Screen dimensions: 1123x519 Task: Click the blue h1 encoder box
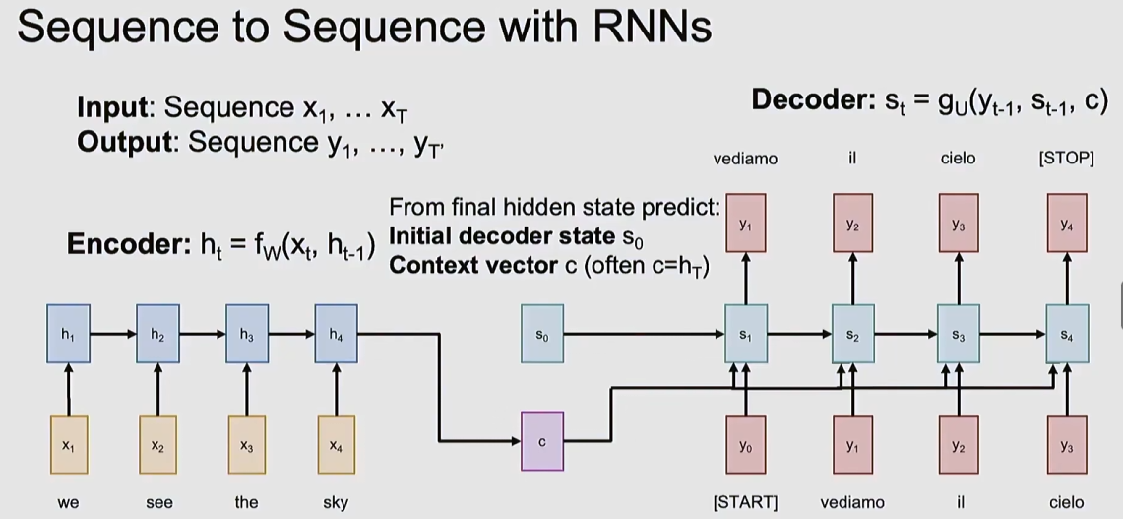(68, 334)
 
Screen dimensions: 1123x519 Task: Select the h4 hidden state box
(336, 334)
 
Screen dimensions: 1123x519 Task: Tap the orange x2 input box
(157, 444)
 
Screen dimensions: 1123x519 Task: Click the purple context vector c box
(542, 441)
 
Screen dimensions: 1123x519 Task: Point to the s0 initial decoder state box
(542, 334)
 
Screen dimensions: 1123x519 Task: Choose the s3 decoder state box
(959, 334)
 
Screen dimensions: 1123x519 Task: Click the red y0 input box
(746, 444)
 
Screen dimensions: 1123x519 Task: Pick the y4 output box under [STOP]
(1067, 223)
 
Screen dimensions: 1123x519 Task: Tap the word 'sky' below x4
(336, 502)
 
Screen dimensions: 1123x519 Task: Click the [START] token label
(746, 502)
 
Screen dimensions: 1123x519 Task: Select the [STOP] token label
(1067, 159)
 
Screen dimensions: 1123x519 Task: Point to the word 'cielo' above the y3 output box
(959, 159)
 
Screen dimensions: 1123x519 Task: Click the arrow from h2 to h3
(203, 334)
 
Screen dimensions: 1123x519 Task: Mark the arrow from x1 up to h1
(68, 389)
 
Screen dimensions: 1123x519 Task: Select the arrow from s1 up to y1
(746, 278)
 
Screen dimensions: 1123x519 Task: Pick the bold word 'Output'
(124, 142)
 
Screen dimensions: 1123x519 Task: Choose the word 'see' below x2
(158, 503)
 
